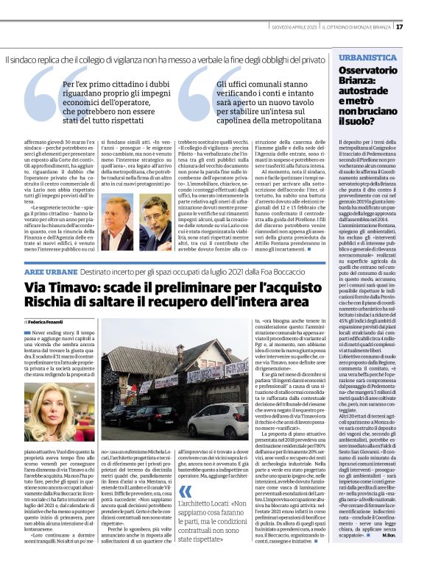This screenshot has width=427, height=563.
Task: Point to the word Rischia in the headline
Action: (x=50, y=301)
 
